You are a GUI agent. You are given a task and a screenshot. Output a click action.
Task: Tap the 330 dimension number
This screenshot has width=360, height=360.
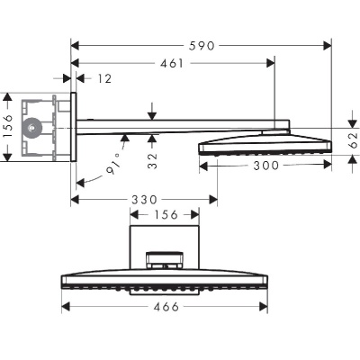coord(143,199)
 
